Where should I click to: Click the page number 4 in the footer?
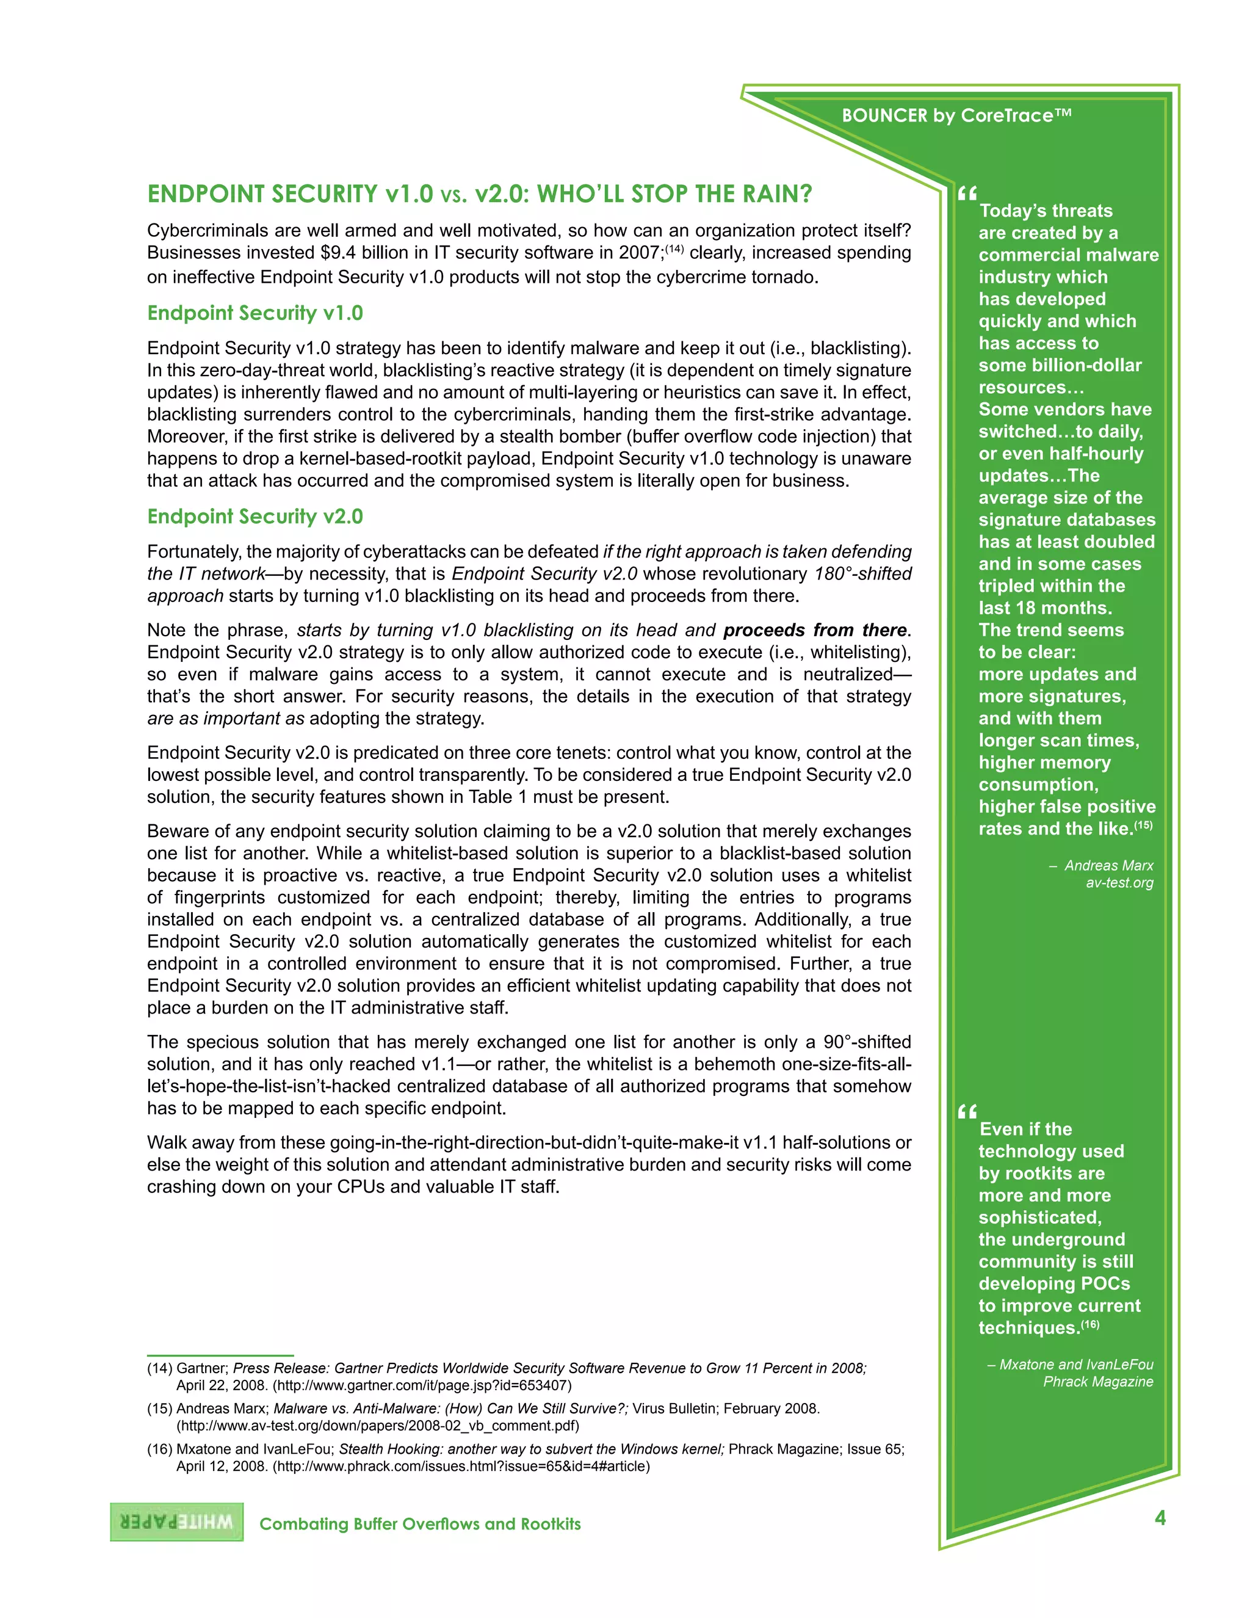point(1160,1518)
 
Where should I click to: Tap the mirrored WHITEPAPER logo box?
point(177,1522)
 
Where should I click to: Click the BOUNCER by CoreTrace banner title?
point(957,115)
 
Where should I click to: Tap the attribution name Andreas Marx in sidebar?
point(1108,865)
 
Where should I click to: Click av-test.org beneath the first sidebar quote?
point(1119,882)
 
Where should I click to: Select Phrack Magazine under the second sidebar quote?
point(1098,1382)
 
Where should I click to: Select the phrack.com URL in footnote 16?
point(461,1466)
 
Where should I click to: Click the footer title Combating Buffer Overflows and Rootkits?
point(420,1524)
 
